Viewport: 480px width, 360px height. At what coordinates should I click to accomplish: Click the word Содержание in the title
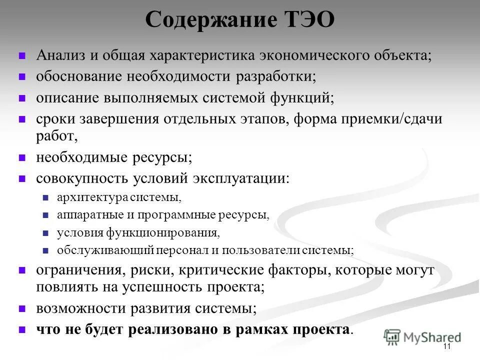[x=207, y=20]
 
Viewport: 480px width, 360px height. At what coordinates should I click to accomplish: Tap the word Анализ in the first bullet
[x=60, y=54]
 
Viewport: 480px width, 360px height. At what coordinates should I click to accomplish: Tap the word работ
[x=56, y=136]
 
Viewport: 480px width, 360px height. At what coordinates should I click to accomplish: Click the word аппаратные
[x=85, y=215]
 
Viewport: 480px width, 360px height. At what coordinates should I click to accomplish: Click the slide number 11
[x=446, y=347]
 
